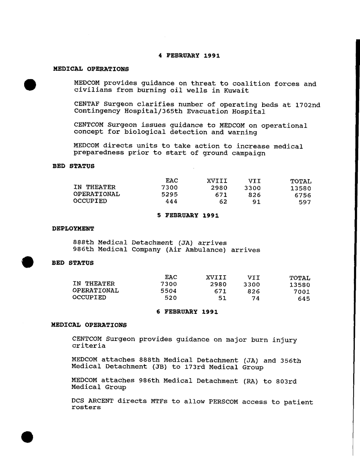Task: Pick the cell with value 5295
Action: (169, 194)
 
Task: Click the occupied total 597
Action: (305, 202)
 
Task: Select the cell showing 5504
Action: (169, 291)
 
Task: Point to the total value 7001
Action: (302, 291)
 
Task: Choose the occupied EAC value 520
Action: (170, 298)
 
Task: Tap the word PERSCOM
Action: (224, 402)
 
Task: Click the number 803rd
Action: (286, 381)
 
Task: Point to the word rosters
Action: (86, 407)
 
